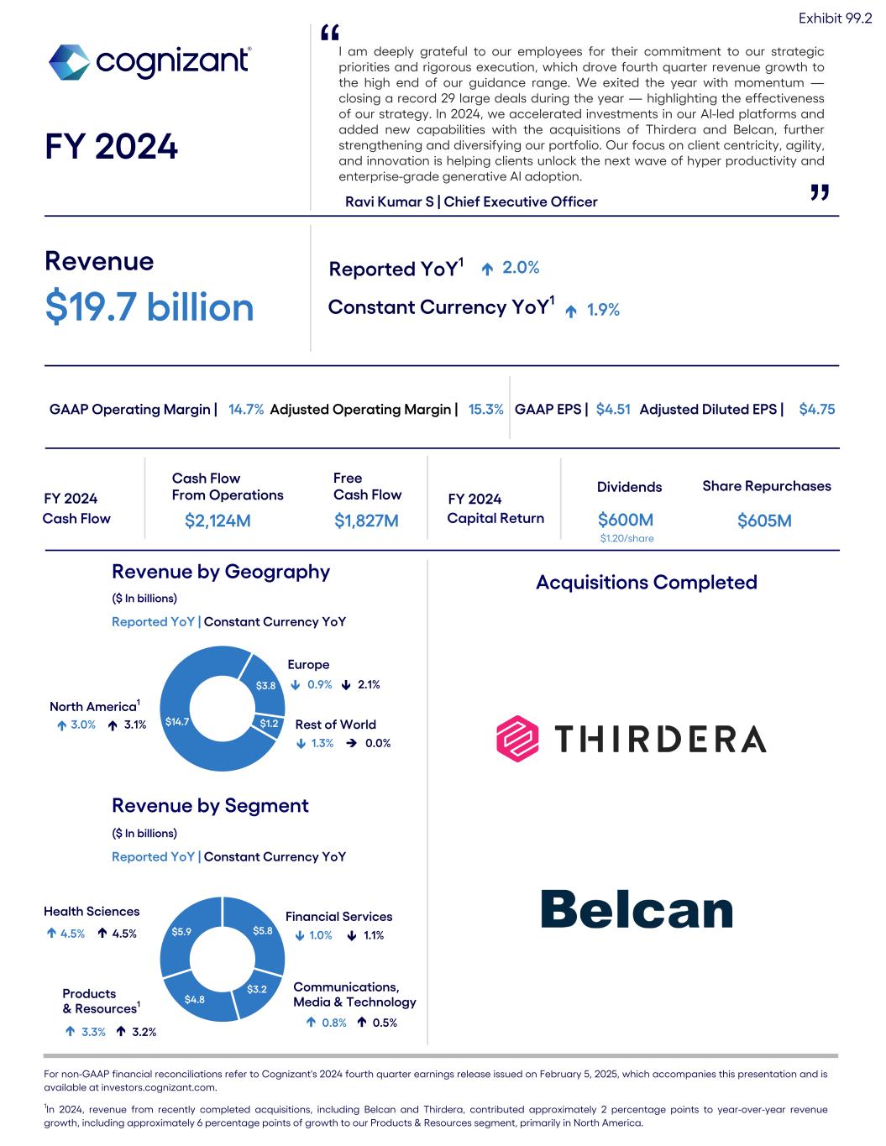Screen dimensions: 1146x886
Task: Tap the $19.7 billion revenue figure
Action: (149, 306)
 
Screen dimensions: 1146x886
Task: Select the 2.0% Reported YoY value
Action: (521, 268)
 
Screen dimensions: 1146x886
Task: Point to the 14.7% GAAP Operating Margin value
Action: (246, 410)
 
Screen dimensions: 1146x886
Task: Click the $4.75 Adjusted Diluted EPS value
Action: (816, 410)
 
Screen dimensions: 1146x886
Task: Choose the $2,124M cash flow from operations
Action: (218, 521)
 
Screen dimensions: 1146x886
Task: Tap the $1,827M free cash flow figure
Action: (366, 521)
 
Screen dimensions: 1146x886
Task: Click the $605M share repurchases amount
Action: (764, 521)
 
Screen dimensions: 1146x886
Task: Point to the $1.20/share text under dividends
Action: (626, 538)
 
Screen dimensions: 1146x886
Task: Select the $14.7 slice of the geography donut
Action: (178, 721)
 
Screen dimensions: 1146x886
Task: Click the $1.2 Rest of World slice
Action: (269, 724)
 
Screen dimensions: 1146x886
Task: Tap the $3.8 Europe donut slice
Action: (265, 685)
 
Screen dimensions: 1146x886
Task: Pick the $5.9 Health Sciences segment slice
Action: (181, 931)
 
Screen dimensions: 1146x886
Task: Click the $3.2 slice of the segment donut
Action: (257, 989)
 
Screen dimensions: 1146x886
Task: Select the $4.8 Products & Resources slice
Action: (195, 999)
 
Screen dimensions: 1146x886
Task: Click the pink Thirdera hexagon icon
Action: (517, 739)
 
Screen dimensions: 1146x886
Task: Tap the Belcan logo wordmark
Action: (637, 909)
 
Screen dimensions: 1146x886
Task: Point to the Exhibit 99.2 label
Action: (834, 18)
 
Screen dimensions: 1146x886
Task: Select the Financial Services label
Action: (338, 917)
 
